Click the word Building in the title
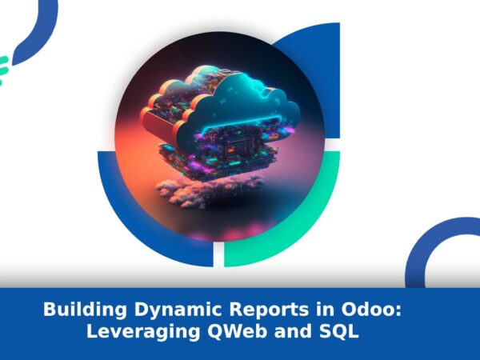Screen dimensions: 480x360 (x=85, y=310)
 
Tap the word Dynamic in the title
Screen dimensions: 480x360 (x=178, y=310)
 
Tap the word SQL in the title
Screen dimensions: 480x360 (x=339, y=331)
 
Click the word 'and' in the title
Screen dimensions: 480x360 (x=294, y=331)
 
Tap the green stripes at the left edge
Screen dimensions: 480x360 (x=4, y=69)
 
